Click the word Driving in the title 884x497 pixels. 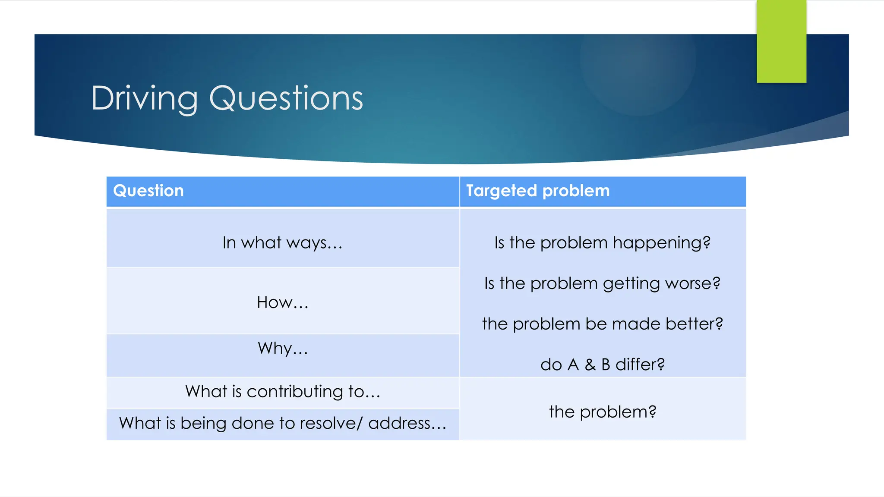[x=144, y=98]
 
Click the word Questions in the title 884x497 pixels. [x=286, y=98]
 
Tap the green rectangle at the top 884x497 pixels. [x=781, y=41]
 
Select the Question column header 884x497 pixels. [x=148, y=191]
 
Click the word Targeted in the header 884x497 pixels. [x=501, y=191]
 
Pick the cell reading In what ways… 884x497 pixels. [x=282, y=242]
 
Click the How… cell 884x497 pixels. [x=282, y=302]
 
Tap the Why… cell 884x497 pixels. [x=282, y=348]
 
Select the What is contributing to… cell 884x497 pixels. [x=282, y=391]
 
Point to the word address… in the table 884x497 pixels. [x=407, y=423]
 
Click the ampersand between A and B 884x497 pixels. [x=590, y=365]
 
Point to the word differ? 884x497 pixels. [x=640, y=365]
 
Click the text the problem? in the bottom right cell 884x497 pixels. [x=603, y=412]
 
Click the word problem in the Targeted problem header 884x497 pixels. [x=576, y=191]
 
